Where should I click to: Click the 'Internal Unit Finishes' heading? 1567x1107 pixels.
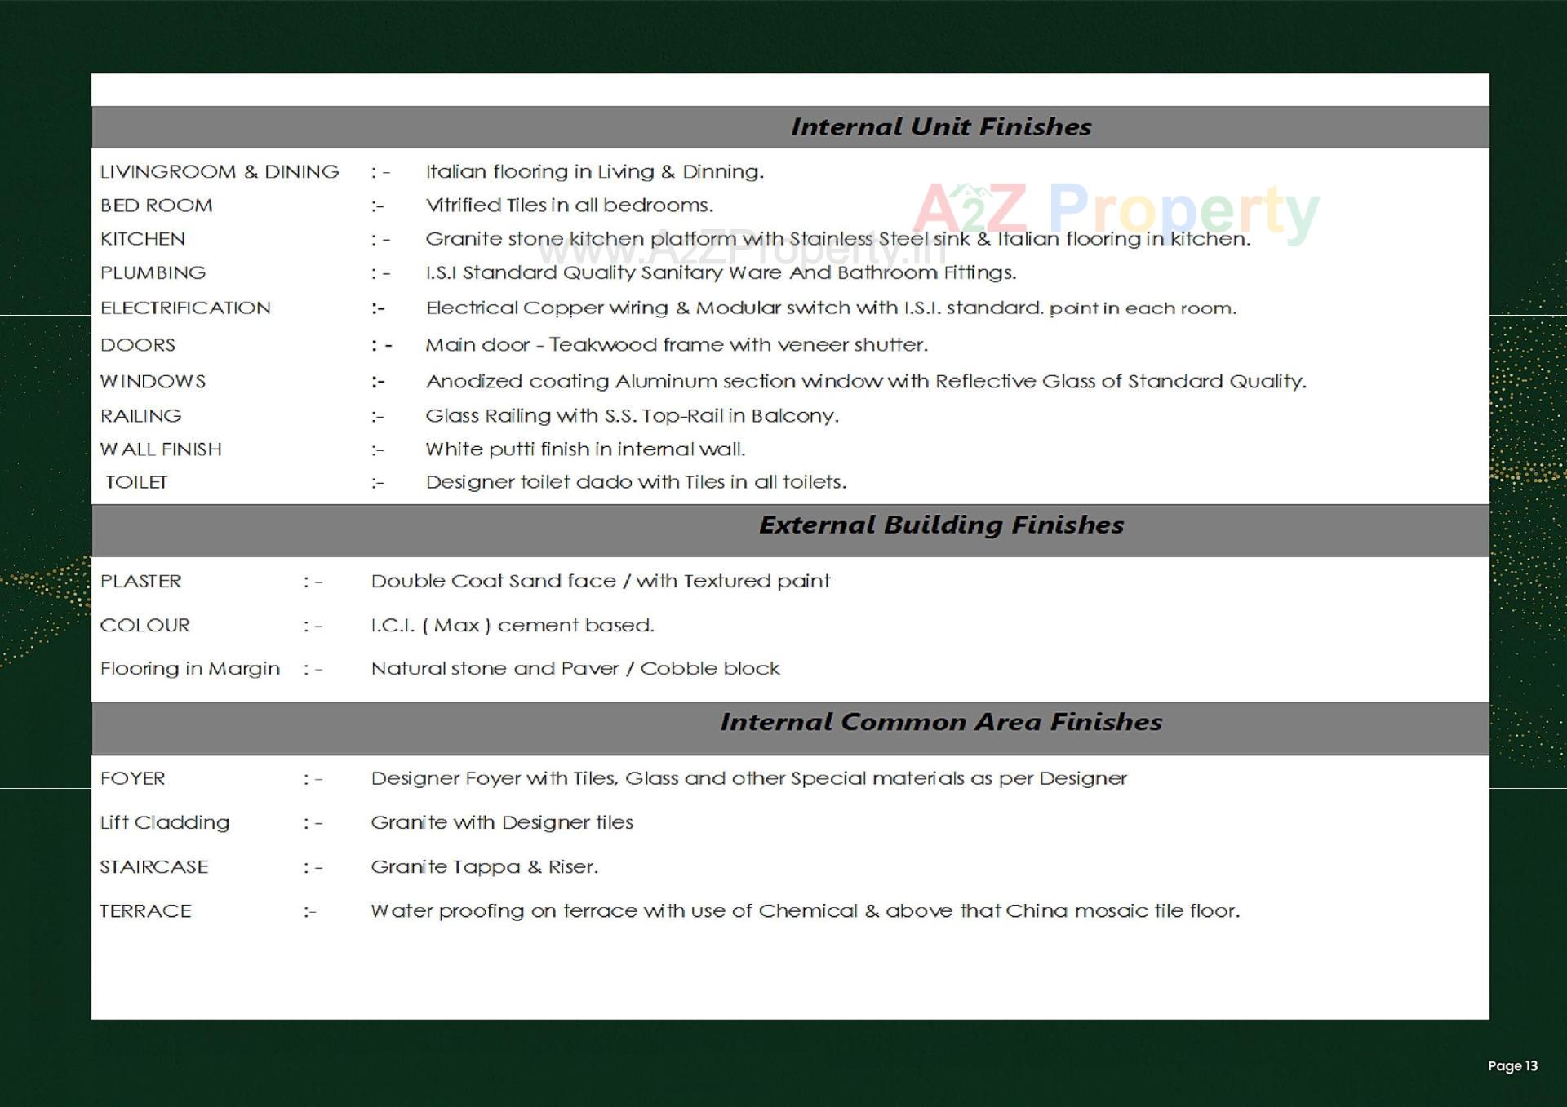[x=940, y=126]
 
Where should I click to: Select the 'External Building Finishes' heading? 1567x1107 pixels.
[x=940, y=525]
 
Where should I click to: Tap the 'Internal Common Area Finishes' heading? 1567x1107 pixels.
[x=940, y=722]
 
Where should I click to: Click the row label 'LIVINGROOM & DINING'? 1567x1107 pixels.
[x=219, y=171]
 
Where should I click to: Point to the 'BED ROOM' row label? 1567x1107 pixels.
[x=156, y=206]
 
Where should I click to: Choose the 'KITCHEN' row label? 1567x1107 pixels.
[x=142, y=239]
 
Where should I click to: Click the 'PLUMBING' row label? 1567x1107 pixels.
[x=153, y=272]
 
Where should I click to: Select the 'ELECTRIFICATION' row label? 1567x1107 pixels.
[x=184, y=308]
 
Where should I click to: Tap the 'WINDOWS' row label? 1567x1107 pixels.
[x=153, y=381]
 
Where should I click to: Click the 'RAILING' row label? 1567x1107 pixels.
[x=140, y=416]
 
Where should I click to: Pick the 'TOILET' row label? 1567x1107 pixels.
[x=136, y=482]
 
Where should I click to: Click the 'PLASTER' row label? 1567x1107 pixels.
[x=140, y=581]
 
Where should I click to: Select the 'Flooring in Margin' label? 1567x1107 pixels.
[x=189, y=669]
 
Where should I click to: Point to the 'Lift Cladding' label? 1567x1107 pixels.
[x=164, y=822]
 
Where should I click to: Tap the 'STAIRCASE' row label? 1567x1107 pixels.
[x=153, y=866]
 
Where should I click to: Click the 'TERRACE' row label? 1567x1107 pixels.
[x=145, y=911]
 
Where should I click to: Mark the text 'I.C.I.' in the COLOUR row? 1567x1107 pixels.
[x=393, y=626]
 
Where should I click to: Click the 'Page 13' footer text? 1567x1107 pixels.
[x=1512, y=1065]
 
